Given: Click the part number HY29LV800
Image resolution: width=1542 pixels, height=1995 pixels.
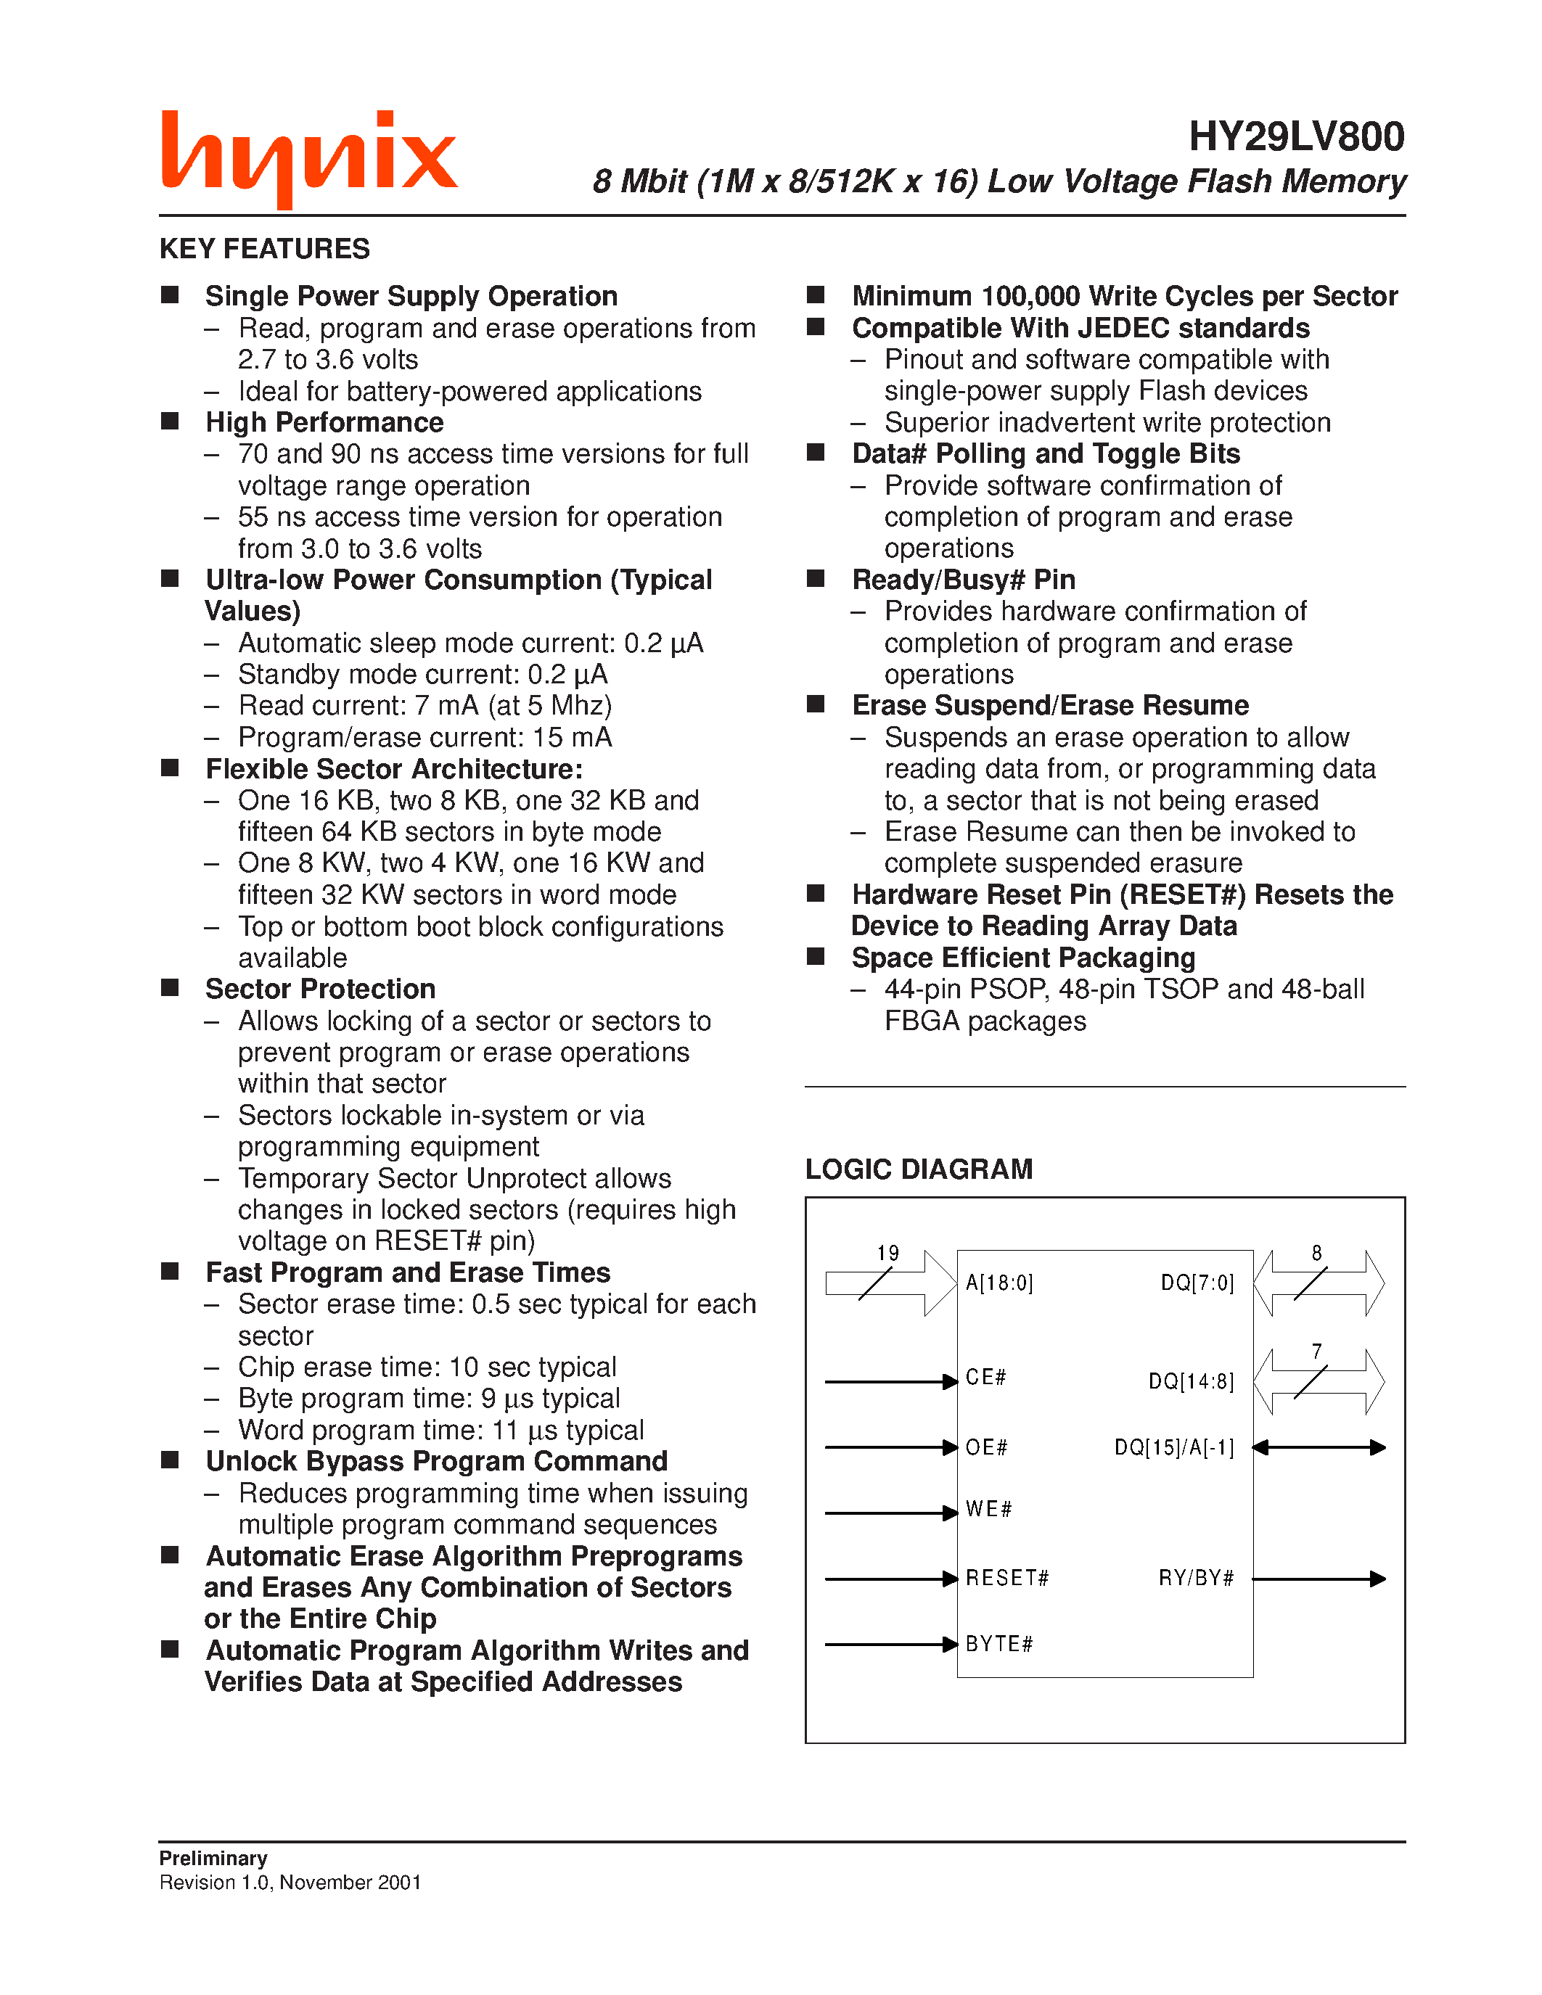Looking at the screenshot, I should coord(1295,137).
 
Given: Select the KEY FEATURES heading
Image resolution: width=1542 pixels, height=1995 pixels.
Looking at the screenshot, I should coord(264,248).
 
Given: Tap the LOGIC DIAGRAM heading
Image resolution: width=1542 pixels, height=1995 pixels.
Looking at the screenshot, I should coord(918,1169).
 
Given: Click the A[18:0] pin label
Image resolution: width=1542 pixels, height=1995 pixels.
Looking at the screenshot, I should coord(998,1283).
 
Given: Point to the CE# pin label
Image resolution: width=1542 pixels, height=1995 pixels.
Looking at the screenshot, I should coord(985,1378).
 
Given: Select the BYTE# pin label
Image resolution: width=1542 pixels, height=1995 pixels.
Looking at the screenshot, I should coord(998,1644).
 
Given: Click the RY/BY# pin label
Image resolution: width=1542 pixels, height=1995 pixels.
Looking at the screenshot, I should coord(1196,1579).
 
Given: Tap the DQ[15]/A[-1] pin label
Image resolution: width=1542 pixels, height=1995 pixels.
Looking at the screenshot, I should coord(1174,1448).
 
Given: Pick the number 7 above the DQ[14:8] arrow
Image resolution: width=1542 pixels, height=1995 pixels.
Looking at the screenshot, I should coord(1316,1351).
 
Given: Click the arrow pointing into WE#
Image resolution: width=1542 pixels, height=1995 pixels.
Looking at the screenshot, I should coord(890,1513).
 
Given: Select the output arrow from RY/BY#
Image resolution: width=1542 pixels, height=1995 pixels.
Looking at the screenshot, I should coord(1319,1579).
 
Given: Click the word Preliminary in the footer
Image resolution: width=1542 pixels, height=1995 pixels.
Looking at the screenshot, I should coord(213,1858).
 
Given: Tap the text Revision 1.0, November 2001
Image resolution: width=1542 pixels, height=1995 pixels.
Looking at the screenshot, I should coord(290,1882).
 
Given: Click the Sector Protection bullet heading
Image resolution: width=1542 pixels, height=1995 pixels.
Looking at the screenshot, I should coord(320,990).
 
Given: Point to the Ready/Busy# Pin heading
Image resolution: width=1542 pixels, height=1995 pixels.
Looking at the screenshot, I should coord(963,580).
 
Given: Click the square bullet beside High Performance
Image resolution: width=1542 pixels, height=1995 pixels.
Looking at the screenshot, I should coord(170,421).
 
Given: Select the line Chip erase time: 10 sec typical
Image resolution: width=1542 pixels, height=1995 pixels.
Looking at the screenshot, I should coord(427,1367).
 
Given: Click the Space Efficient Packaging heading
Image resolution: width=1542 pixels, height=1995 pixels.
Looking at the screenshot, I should coord(1022,958).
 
